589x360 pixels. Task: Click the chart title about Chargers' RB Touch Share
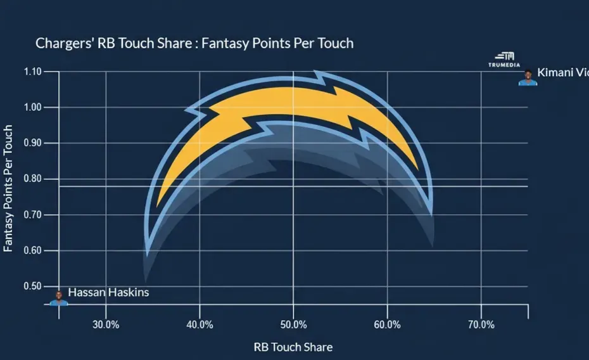(x=194, y=44)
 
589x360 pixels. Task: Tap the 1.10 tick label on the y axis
(x=32, y=72)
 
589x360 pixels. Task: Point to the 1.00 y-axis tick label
(x=32, y=107)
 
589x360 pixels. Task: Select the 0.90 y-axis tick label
(x=32, y=143)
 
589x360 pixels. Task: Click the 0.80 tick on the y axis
(x=32, y=179)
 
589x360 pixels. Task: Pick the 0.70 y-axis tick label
(x=32, y=215)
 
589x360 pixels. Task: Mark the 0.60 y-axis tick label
(x=32, y=250)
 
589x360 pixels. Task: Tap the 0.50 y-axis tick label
(x=32, y=286)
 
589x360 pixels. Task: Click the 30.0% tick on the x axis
(x=106, y=325)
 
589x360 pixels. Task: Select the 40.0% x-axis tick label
(x=199, y=325)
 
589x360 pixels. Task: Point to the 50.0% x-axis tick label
(x=293, y=325)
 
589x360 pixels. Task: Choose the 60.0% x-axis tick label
(x=387, y=325)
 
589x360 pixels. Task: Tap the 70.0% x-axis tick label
(x=481, y=325)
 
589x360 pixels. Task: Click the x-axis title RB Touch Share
(x=293, y=347)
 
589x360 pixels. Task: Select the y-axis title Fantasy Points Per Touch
(x=9, y=188)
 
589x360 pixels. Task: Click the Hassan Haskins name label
(x=108, y=292)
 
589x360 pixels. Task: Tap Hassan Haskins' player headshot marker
(x=59, y=298)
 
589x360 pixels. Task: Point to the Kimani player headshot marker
(x=528, y=78)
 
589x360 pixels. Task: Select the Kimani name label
(x=562, y=73)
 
